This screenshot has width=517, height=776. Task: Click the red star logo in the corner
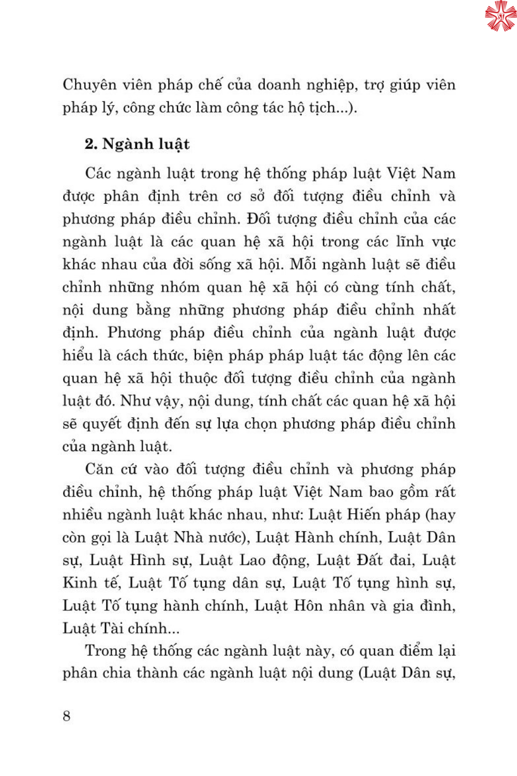click(500, 16)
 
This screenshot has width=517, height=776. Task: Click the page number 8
click(67, 715)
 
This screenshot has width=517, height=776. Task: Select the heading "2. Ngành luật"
click(137, 144)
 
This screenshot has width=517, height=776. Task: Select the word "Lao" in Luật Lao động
click(253, 560)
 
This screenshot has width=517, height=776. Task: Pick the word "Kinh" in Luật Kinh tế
click(80, 583)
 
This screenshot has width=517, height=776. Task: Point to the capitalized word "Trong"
click(106, 651)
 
